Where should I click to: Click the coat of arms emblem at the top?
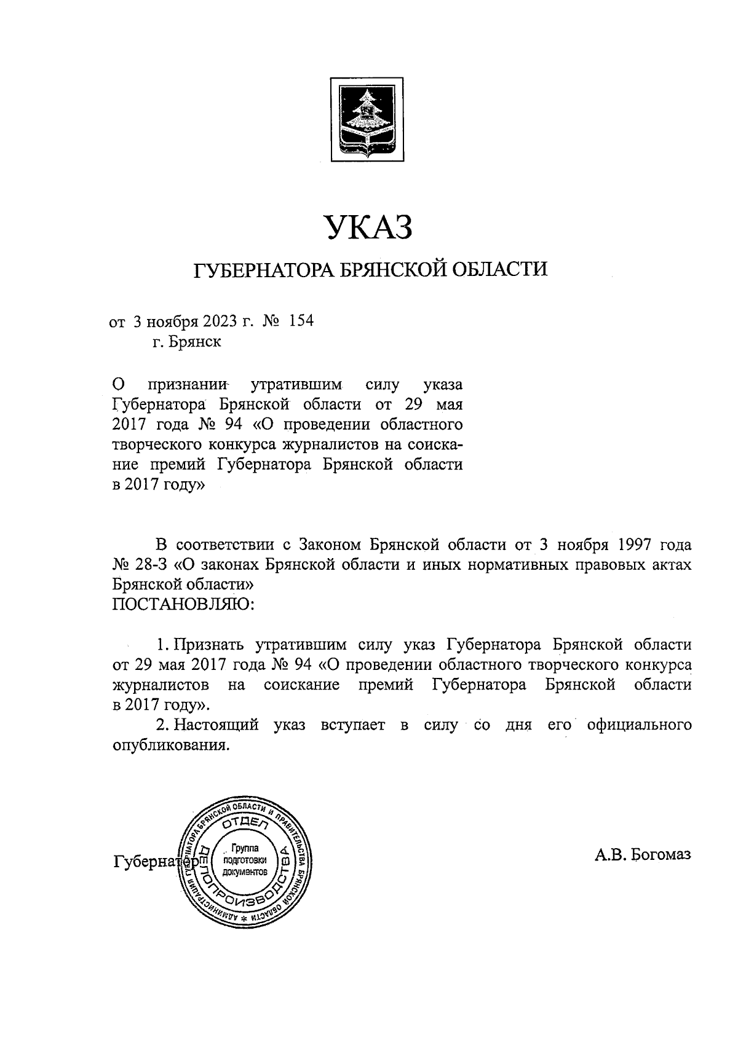click(367, 119)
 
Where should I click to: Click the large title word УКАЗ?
click(367, 227)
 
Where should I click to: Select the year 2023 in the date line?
click(217, 321)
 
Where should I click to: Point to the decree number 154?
click(301, 321)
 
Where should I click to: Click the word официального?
click(640, 725)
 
